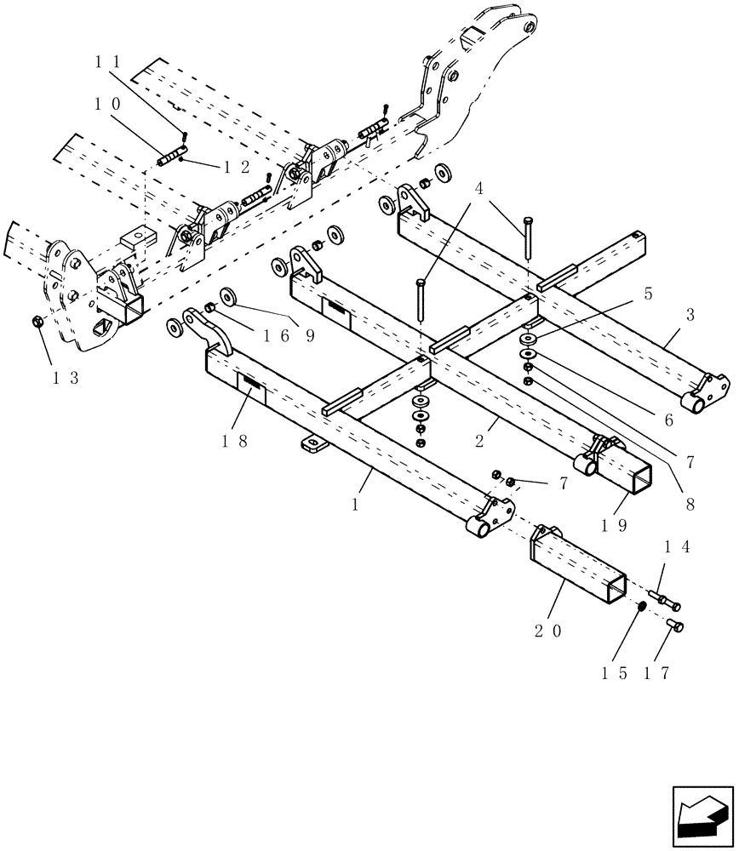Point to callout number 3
[x=690, y=315]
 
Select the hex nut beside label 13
[x=37, y=322]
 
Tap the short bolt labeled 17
[x=676, y=627]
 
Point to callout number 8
[x=689, y=504]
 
